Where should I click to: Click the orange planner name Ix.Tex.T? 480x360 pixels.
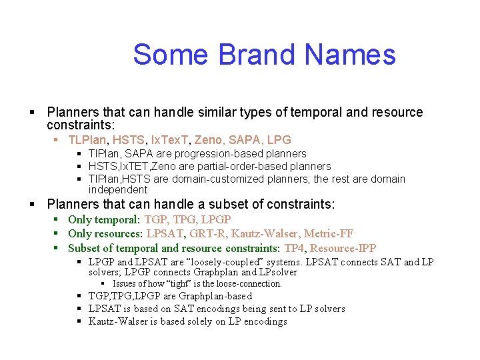coord(167,140)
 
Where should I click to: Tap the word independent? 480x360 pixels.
coord(118,190)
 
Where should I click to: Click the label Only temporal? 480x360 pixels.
coord(104,219)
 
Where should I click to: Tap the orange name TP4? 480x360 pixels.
coord(294,248)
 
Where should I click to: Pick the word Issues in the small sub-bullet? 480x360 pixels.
coord(125,283)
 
